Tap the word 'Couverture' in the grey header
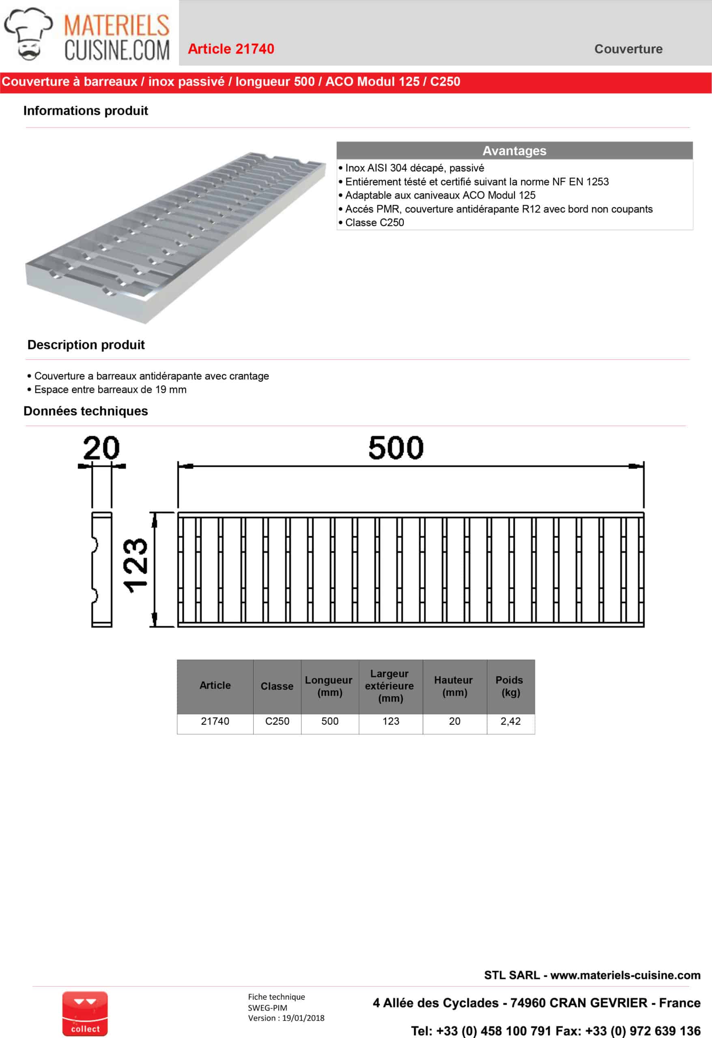[x=628, y=49]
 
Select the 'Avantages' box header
[x=514, y=150]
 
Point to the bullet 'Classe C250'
[x=374, y=223]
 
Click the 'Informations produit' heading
[x=85, y=111]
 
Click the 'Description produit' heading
[x=86, y=345]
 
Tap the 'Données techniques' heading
[x=85, y=411]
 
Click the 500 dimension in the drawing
[x=396, y=448]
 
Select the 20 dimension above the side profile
[x=101, y=448]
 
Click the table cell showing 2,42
[x=510, y=721]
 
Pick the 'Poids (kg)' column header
[x=510, y=686]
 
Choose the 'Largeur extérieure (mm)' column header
[x=390, y=686]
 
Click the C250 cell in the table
[x=277, y=721]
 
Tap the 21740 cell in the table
[x=215, y=721]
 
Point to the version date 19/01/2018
[x=303, y=1018]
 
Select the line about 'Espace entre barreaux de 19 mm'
[x=110, y=390]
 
